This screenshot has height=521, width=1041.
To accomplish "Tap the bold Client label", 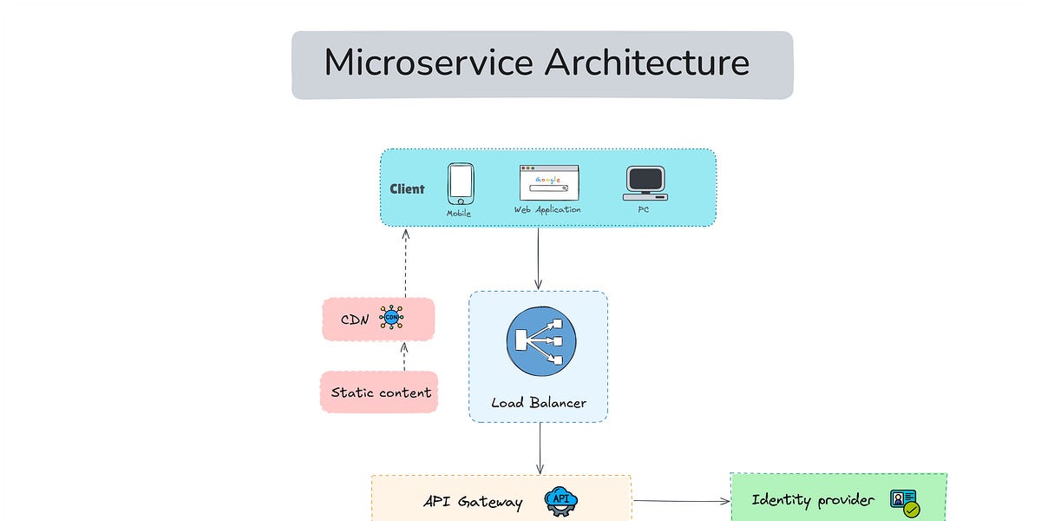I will (x=407, y=188).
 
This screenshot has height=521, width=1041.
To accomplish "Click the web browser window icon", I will (x=548, y=183).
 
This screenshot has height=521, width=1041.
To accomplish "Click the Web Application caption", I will (x=547, y=209).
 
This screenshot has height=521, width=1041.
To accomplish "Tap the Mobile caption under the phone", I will (x=459, y=213).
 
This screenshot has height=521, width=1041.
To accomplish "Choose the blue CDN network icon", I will (x=392, y=319).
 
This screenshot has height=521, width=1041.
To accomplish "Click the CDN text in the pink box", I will (x=355, y=320).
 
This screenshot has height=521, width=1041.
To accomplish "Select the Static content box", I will (x=379, y=392).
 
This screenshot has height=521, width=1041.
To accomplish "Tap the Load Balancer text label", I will (x=539, y=403).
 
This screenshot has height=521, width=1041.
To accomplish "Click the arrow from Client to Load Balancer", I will (x=538, y=258).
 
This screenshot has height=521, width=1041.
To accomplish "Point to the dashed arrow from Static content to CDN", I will (x=404, y=356).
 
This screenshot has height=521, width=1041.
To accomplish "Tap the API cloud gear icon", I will (x=560, y=501).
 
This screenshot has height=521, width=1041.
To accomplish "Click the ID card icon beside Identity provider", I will (x=904, y=502).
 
